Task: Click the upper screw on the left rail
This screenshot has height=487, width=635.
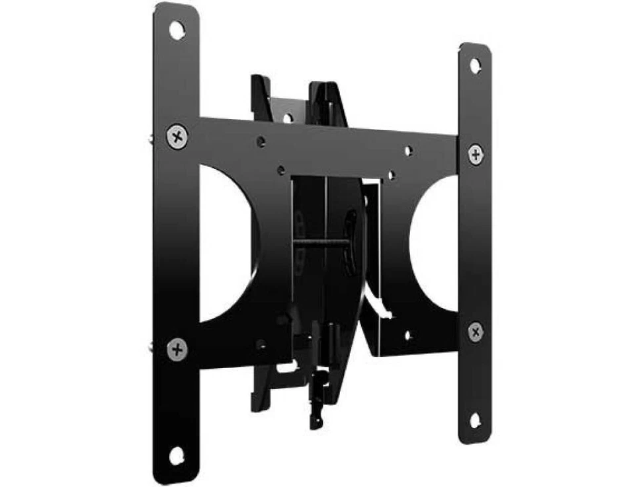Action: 177,137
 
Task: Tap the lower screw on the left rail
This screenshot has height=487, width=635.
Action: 177,348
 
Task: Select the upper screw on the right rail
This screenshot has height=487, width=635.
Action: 476,154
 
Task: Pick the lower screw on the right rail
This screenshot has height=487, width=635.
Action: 475,332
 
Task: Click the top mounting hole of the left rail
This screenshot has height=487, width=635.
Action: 176,30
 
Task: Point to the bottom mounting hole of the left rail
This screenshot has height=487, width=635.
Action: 176,455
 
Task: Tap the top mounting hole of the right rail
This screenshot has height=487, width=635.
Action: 475,65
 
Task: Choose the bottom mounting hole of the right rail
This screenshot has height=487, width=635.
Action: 475,420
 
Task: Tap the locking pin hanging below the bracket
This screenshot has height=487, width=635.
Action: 316,396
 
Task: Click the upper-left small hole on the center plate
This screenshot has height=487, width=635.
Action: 262,142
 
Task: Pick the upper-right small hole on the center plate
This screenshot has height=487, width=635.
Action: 409,151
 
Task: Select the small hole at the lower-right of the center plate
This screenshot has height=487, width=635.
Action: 407,336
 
